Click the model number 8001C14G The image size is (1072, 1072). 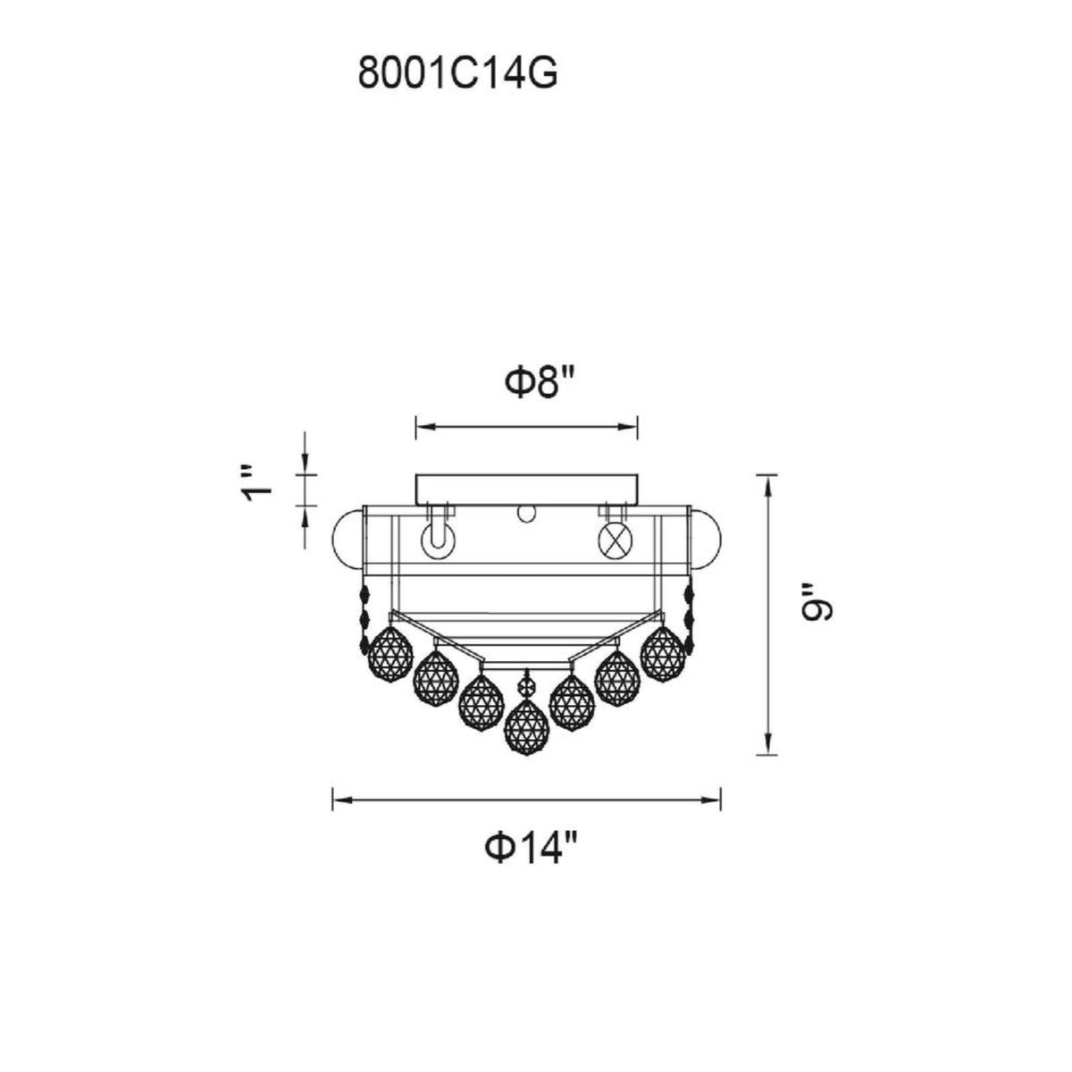point(457,74)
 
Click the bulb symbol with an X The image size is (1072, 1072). point(613,540)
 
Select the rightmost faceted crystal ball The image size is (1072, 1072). point(663,653)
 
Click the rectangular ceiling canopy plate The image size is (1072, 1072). point(526,490)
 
